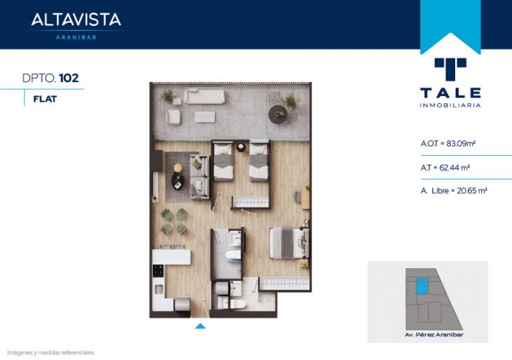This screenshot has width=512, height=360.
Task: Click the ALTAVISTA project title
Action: [x=76, y=20]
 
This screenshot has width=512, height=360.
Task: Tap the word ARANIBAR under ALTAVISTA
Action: [x=76, y=38]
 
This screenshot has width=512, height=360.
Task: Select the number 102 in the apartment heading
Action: [x=69, y=78]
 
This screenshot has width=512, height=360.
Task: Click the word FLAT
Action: [x=45, y=99]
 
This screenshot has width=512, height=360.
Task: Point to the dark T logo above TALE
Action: [x=450, y=69]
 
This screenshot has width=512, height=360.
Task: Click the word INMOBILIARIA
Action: [x=450, y=105]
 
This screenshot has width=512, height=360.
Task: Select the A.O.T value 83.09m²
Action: [x=461, y=143]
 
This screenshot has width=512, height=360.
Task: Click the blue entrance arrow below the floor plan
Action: [x=200, y=326]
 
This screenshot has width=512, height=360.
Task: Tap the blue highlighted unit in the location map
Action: [x=422, y=286]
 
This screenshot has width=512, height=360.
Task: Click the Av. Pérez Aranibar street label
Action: [x=434, y=335]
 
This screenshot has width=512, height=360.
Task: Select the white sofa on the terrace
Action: [x=204, y=96]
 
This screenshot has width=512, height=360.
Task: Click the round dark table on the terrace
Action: [x=278, y=114]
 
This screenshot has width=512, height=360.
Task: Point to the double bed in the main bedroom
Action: [x=289, y=243]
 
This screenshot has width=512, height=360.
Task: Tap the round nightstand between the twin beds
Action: [x=241, y=147]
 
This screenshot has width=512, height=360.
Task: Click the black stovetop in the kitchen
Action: [x=159, y=270]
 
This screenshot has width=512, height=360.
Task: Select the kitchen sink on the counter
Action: [x=159, y=289]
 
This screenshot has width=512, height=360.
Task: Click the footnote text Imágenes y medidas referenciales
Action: [x=51, y=353]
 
